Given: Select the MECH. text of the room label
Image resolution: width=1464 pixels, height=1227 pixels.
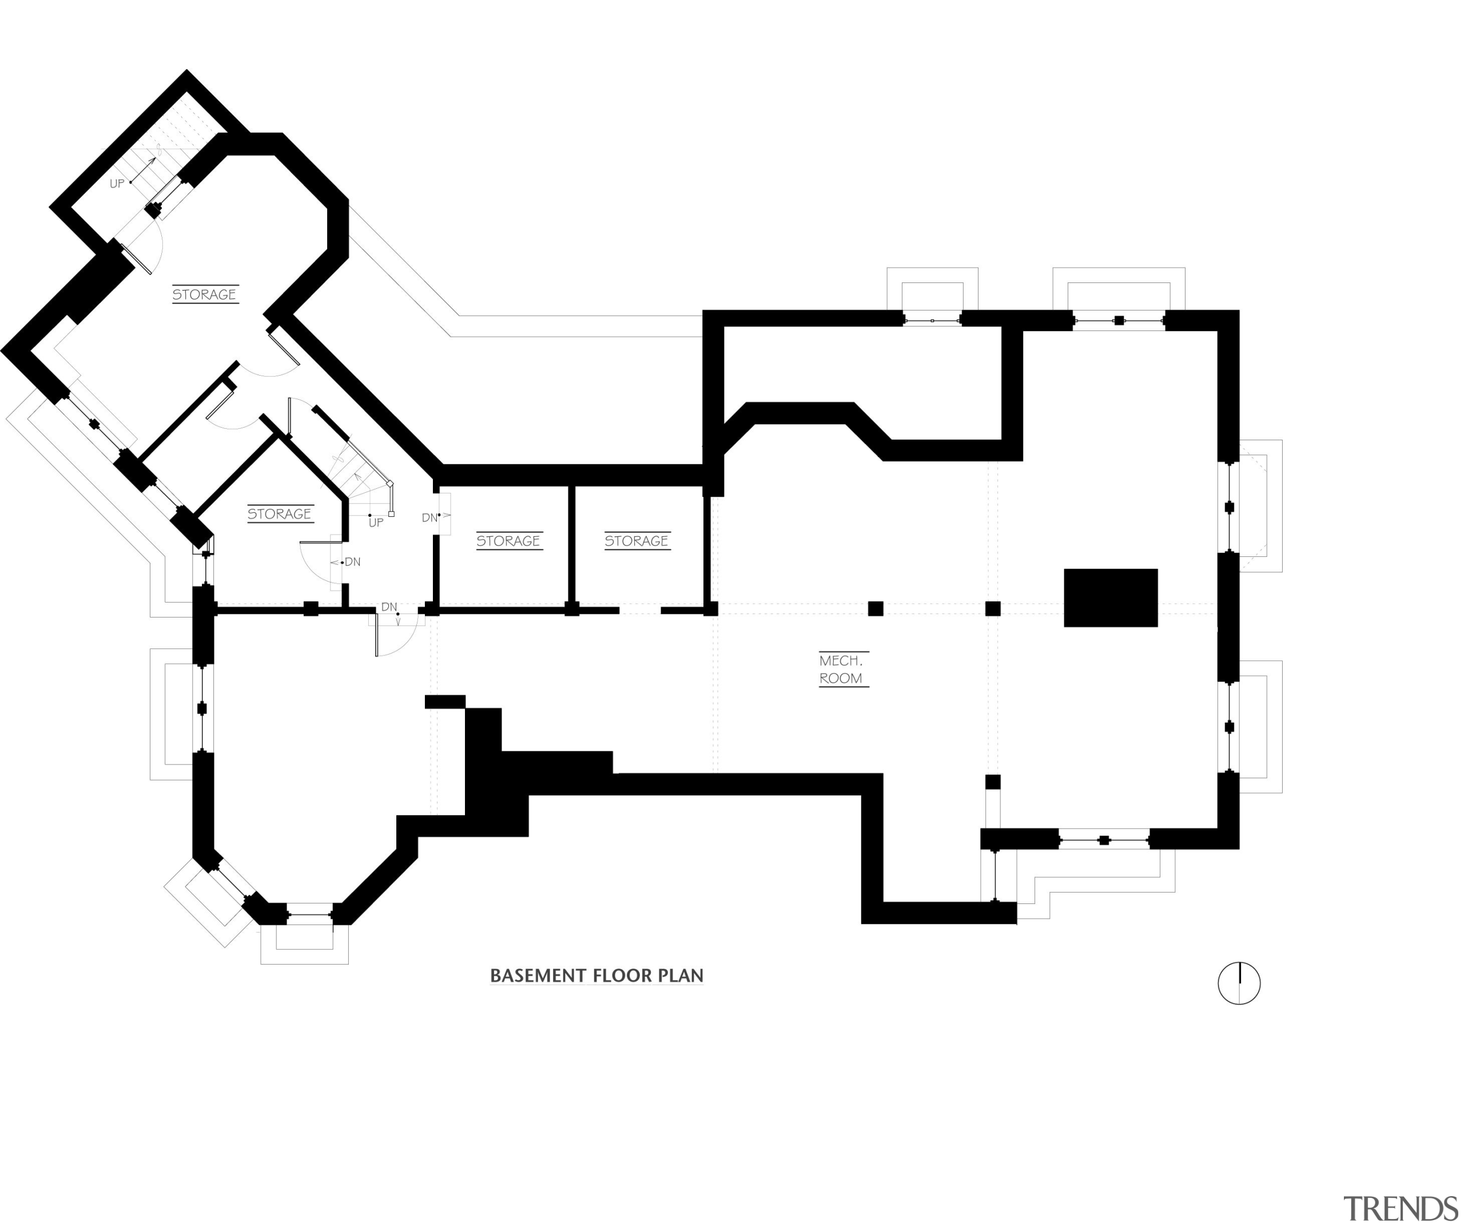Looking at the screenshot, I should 841,661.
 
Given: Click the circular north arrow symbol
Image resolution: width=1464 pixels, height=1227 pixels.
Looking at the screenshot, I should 1239,983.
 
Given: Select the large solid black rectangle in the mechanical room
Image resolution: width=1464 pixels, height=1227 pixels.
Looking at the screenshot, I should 1111,598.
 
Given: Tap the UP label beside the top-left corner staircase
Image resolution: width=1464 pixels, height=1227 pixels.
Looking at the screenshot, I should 117,184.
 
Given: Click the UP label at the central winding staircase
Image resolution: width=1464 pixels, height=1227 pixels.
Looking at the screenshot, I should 376,523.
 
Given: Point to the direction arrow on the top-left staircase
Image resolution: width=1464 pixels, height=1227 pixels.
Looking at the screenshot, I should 146,168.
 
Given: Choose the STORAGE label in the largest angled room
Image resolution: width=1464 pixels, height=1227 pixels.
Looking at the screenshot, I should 204,295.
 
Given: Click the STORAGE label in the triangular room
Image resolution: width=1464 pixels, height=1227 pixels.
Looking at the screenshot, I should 280,515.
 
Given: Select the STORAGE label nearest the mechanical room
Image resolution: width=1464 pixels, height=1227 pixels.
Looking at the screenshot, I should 637,541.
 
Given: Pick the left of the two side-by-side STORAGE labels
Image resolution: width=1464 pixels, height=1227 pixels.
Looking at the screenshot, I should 509,541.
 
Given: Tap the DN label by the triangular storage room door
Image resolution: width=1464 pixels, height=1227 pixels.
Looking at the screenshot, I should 353,562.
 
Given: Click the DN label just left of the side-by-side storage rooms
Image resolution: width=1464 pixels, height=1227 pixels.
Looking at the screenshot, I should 429,518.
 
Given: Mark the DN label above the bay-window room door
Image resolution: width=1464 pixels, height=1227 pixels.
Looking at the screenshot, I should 389,607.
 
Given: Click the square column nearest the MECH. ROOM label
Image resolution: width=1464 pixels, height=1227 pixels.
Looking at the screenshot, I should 876,608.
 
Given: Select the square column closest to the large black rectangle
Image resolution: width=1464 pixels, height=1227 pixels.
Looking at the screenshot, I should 993,608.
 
